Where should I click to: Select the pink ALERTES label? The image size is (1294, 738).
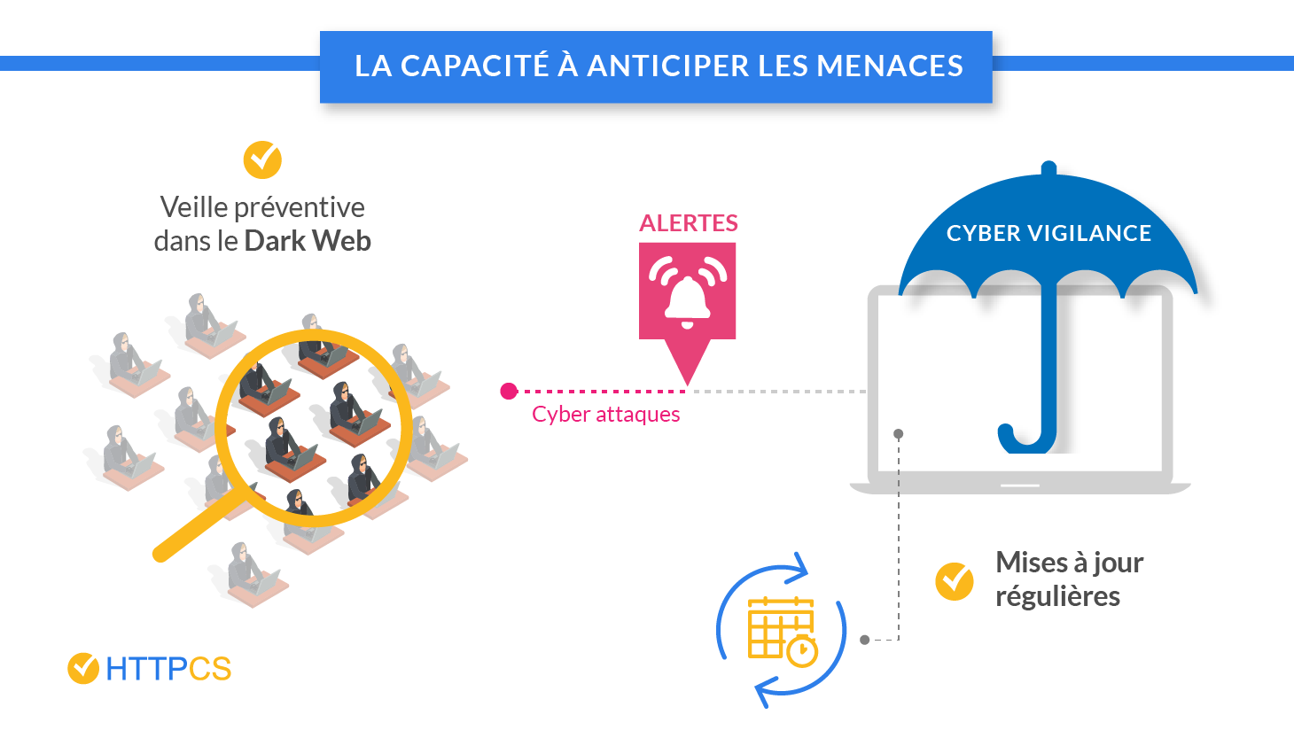coord(689,223)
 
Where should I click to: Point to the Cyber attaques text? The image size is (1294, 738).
coord(605,415)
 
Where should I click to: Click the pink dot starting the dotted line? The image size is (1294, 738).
coord(509,391)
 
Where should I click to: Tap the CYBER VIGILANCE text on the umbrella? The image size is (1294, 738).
coord(1048,233)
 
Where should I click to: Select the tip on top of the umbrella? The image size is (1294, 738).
coord(1048,168)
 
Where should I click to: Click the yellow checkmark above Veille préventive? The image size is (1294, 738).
coord(262,159)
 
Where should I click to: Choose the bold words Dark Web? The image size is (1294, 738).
coord(308,241)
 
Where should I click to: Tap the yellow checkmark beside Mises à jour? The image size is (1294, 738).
coord(955,581)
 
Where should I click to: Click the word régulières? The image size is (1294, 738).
coord(1057,596)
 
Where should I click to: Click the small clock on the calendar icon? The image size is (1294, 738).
coord(802,651)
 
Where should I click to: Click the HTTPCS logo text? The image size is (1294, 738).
coord(168,669)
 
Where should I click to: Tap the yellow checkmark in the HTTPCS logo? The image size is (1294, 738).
coord(83,668)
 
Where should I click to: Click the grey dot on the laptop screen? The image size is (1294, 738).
coord(899,434)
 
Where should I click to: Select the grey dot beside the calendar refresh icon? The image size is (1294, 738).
coord(865,640)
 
